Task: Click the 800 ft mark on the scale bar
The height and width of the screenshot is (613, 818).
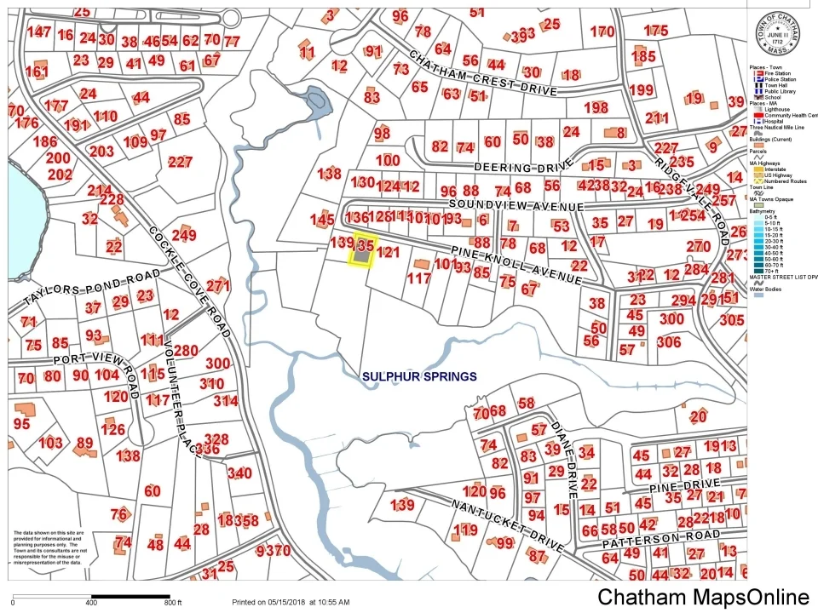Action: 173,603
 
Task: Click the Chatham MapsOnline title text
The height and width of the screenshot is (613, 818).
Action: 703,598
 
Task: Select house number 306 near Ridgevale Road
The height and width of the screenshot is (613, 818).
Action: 669,341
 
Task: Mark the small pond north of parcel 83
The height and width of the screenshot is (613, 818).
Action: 315,104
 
